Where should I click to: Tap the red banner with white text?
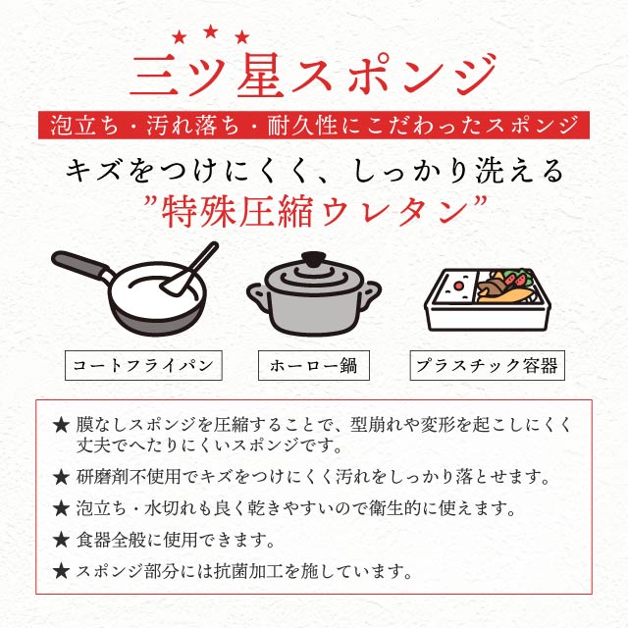click(x=314, y=126)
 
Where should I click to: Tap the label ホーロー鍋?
click(x=313, y=366)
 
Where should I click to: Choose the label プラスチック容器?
click(x=485, y=366)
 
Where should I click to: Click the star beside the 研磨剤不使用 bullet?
click(x=62, y=478)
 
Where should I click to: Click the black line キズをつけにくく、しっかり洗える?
click(x=314, y=171)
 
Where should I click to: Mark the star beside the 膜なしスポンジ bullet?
click(x=62, y=426)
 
